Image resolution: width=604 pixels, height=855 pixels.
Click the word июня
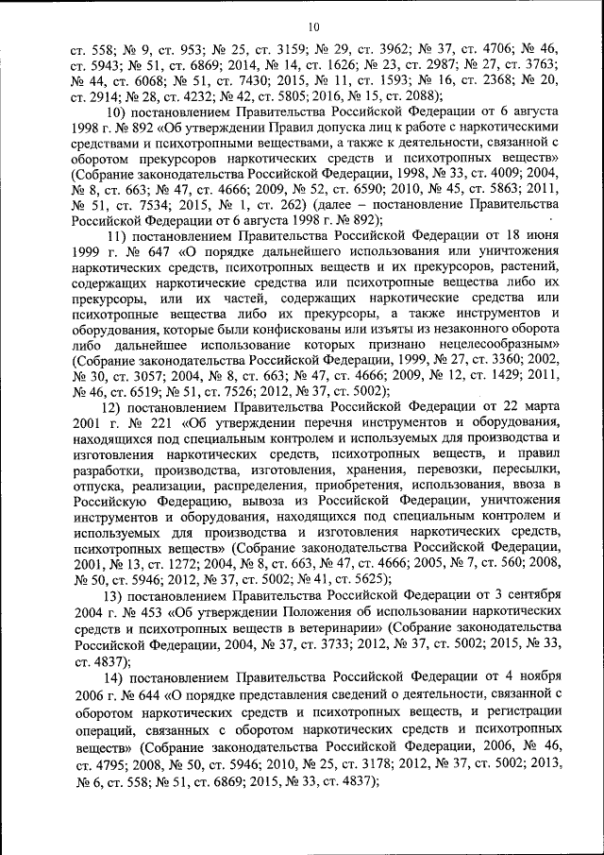pos(543,235)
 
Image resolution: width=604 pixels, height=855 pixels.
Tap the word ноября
pos(538,680)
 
